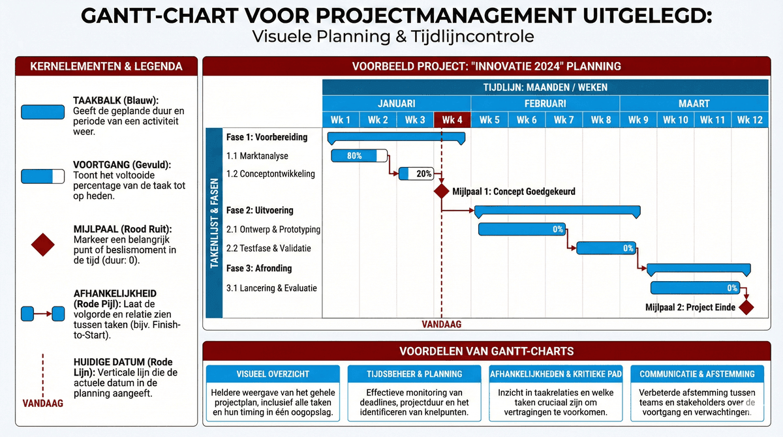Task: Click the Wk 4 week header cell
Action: tap(452, 120)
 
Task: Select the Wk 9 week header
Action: tap(638, 120)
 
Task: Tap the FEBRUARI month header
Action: tap(545, 104)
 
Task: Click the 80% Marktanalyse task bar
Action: tap(359, 156)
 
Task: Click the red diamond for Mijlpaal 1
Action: tap(442, 192)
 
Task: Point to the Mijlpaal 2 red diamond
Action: tap(746, 307)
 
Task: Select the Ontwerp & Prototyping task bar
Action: tap(523, 229)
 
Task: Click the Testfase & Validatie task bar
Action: tap(606, 248)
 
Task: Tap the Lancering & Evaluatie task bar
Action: tap(698, 288)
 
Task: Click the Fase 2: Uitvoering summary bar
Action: tap(557, 211)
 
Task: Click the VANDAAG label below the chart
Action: tap(442, 324)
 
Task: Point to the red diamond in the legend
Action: tap(42, 245)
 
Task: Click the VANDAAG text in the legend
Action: tap(42, 403)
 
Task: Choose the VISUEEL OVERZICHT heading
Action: tap(273, 374)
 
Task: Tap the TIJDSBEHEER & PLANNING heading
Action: tap(414, 374)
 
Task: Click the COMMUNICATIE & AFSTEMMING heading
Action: tap(697, 374)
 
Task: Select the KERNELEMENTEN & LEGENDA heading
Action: tap(106, 67)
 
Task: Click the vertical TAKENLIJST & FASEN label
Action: tap(214, 223)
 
